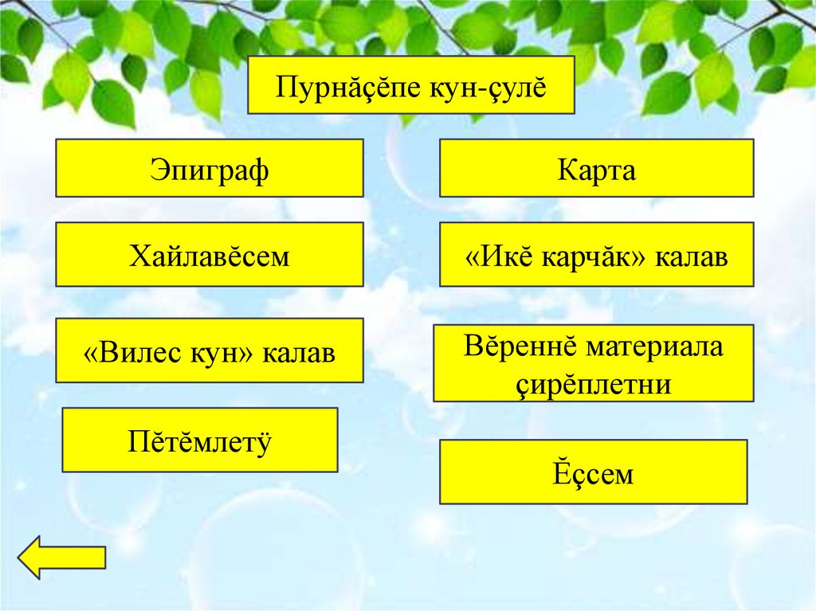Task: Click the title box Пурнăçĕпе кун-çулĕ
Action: coord(411,84)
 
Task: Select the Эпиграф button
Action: coord(210,169)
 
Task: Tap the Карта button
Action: coord(596,169)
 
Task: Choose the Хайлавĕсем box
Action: coord(210,255)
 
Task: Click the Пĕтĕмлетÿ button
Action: coord(200,440)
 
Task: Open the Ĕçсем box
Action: coord(593,472)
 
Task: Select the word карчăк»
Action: coord(594,257)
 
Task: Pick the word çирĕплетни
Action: coord(594,384)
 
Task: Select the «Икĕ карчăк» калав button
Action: coord(596,255)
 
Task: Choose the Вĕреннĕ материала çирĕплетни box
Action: coord(593,363)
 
